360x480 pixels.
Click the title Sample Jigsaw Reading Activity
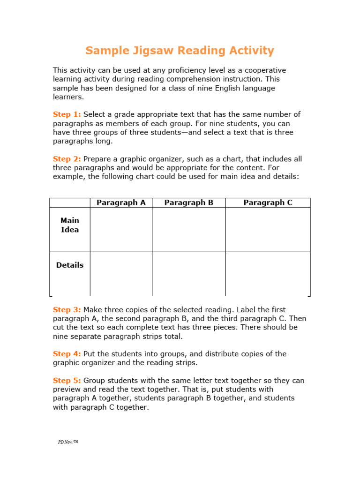pos(180,51)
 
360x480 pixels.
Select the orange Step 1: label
pos(67,114)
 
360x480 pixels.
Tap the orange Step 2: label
pos(67,159)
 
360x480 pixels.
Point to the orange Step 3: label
pos(67,310)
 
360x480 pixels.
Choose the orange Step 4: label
pos(67,354)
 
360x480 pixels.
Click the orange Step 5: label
pos(67,381)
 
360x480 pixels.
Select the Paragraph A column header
pos(121,202)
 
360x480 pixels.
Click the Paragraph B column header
pos(189,202)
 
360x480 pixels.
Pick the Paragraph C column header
pos(268,202)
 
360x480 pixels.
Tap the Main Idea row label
pos(70,225)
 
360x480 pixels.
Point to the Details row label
pos(70,265)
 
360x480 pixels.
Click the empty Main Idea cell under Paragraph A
pos(121,230)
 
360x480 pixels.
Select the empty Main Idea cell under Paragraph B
pos(189,230)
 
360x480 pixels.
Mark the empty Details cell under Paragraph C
pos(268,274)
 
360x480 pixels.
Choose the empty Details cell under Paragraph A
pos(121,274)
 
